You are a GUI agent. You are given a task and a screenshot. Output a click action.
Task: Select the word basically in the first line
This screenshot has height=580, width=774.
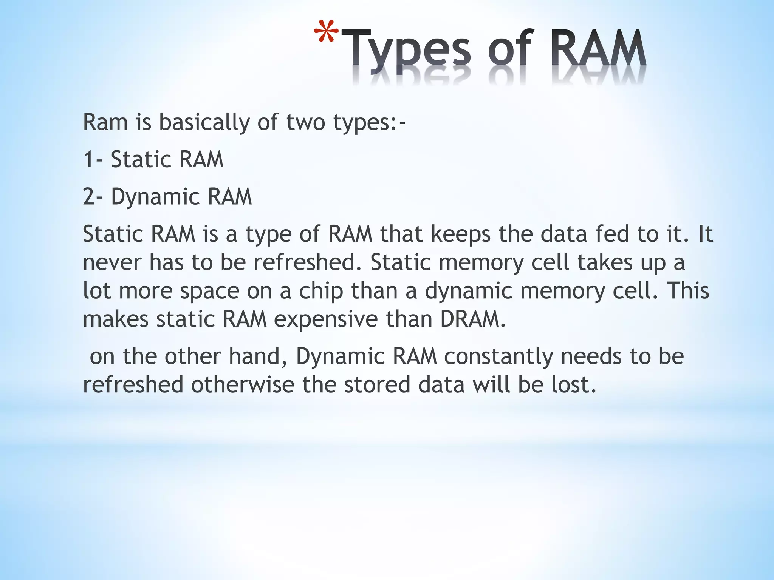pos(204,122)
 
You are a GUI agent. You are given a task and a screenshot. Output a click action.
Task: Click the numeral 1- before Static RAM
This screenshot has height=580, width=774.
pos(93,159)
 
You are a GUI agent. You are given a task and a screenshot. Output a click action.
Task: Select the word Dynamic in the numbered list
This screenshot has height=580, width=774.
pos(155,197)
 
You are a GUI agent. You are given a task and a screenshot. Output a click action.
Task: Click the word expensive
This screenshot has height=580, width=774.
pos(325,319)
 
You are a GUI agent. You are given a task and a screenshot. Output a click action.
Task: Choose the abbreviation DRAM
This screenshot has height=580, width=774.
pos(472,319)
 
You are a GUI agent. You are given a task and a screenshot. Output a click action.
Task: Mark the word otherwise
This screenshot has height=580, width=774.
pos(242,385)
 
